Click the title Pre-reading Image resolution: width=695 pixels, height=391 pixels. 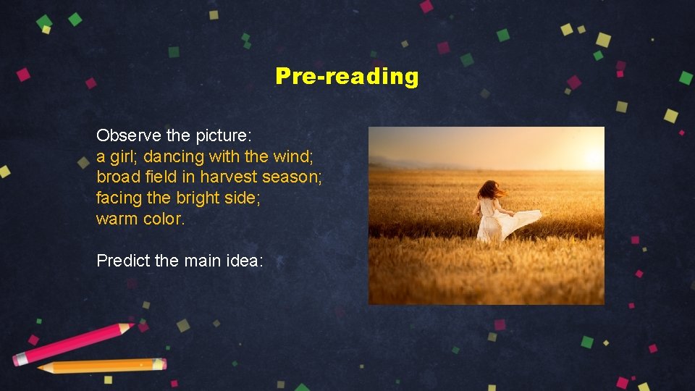tap(347, 76)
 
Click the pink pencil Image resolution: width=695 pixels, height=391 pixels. tap(72, 343)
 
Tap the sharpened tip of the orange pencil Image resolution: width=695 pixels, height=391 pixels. tap(41, 369)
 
